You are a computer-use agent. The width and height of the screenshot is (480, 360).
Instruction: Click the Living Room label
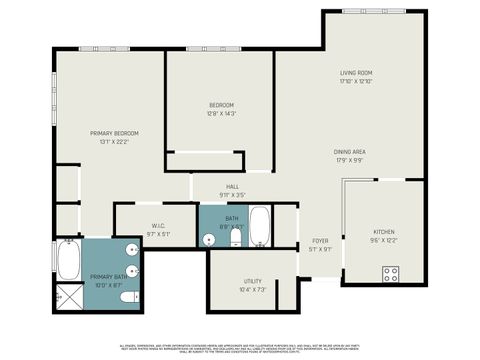(356, 73)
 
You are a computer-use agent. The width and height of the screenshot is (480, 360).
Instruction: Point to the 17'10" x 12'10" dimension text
(356, 81)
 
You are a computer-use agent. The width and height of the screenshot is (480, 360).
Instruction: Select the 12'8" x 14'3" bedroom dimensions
(221, 114)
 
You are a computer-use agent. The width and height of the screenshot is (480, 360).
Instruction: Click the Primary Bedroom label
(114, 133)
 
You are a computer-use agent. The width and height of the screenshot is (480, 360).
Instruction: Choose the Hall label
(232, 187)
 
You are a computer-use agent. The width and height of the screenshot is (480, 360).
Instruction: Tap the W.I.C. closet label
(158, 226)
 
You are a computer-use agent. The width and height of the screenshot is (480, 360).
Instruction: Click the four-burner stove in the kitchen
(391, 272)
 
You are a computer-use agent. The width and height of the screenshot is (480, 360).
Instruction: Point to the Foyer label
(320, 241)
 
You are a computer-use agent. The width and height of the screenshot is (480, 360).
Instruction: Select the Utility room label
(253, 282)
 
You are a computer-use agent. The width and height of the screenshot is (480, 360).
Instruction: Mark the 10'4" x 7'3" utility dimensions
(253, 290)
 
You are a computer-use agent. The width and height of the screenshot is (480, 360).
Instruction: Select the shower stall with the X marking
(67, 295)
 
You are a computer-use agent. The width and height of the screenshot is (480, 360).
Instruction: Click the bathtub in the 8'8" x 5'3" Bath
(260, 227)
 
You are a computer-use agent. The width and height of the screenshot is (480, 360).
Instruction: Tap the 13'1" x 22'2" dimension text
(114, 141)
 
